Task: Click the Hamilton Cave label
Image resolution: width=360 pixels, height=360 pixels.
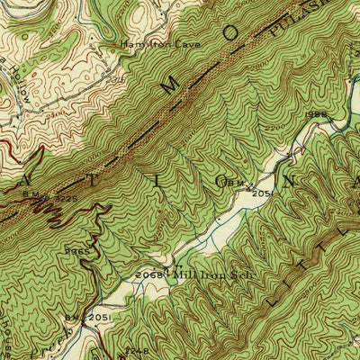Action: point(161,43)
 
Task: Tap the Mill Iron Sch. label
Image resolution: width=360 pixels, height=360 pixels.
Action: point(210,275)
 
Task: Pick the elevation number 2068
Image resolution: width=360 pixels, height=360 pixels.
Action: point(155,274)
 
